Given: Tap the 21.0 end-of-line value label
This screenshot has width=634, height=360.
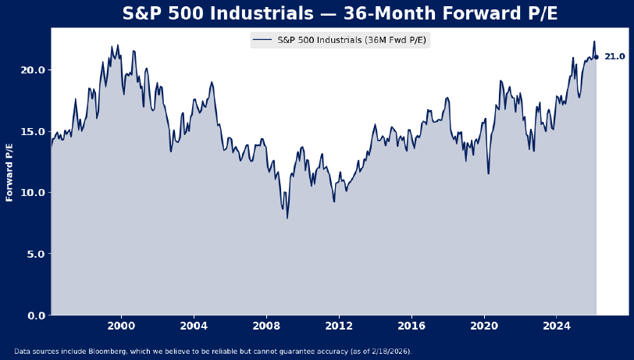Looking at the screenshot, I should pos(614,57).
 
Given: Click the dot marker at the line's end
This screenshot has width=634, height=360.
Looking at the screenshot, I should pos(596,57).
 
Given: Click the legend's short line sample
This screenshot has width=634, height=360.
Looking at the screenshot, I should pos(263,41).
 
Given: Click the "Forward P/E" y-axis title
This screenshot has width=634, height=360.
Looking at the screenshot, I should pos(10,172).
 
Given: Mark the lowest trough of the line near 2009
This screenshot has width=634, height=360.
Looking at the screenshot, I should pos(287,218).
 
